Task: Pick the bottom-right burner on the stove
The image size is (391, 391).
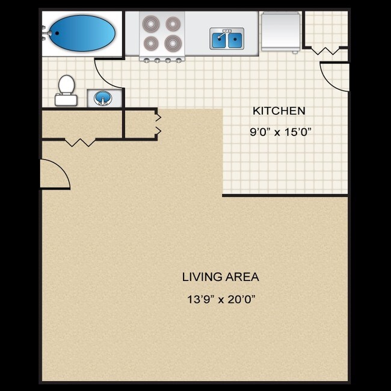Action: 173,43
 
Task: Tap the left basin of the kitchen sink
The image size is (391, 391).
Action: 219,40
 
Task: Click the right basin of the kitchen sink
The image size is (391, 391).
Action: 234,40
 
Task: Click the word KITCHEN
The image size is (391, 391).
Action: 279,111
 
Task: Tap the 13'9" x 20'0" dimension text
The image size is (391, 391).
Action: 222,299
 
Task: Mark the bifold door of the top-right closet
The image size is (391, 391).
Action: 325,51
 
